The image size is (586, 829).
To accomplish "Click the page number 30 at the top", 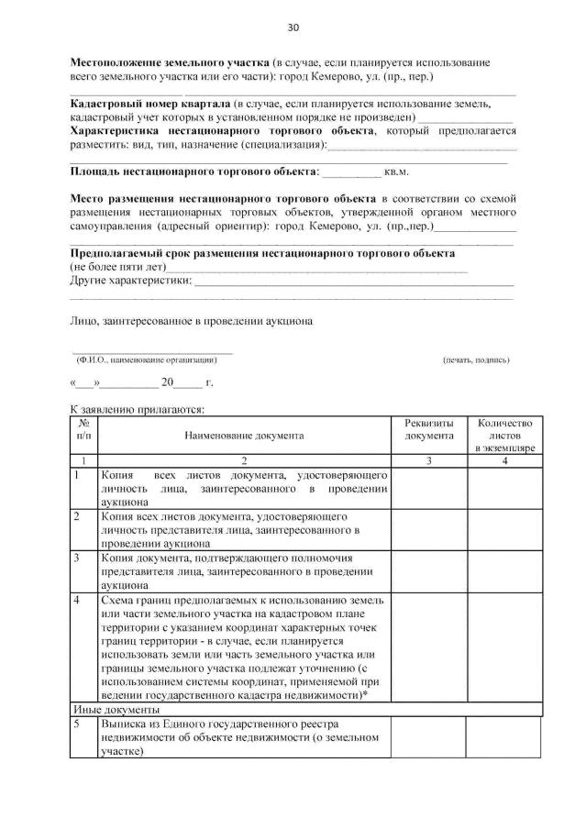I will [293, 28].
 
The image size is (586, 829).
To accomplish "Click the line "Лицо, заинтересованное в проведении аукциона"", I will [192, 322].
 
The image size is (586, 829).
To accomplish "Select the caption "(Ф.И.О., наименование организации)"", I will [147, 359].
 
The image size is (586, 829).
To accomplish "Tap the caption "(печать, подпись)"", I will [475, 359].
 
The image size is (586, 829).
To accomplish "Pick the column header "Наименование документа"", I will [244, 436].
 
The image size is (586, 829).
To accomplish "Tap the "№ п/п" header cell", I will [83, 429].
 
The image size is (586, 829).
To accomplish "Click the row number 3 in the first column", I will [78, 557].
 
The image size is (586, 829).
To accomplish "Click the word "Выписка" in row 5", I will [125, 724].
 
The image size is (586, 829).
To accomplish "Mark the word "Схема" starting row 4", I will [119, 599].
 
